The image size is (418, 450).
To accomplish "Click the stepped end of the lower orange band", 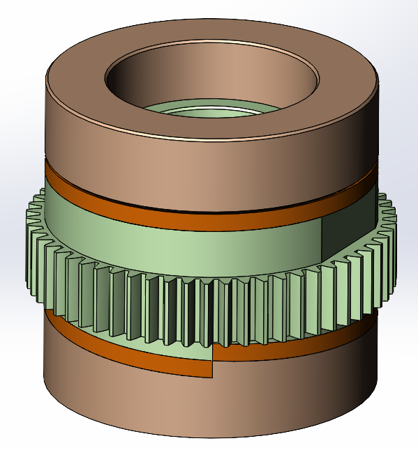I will [212, 362].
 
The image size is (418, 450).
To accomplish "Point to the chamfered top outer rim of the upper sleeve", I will [209, 137].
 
